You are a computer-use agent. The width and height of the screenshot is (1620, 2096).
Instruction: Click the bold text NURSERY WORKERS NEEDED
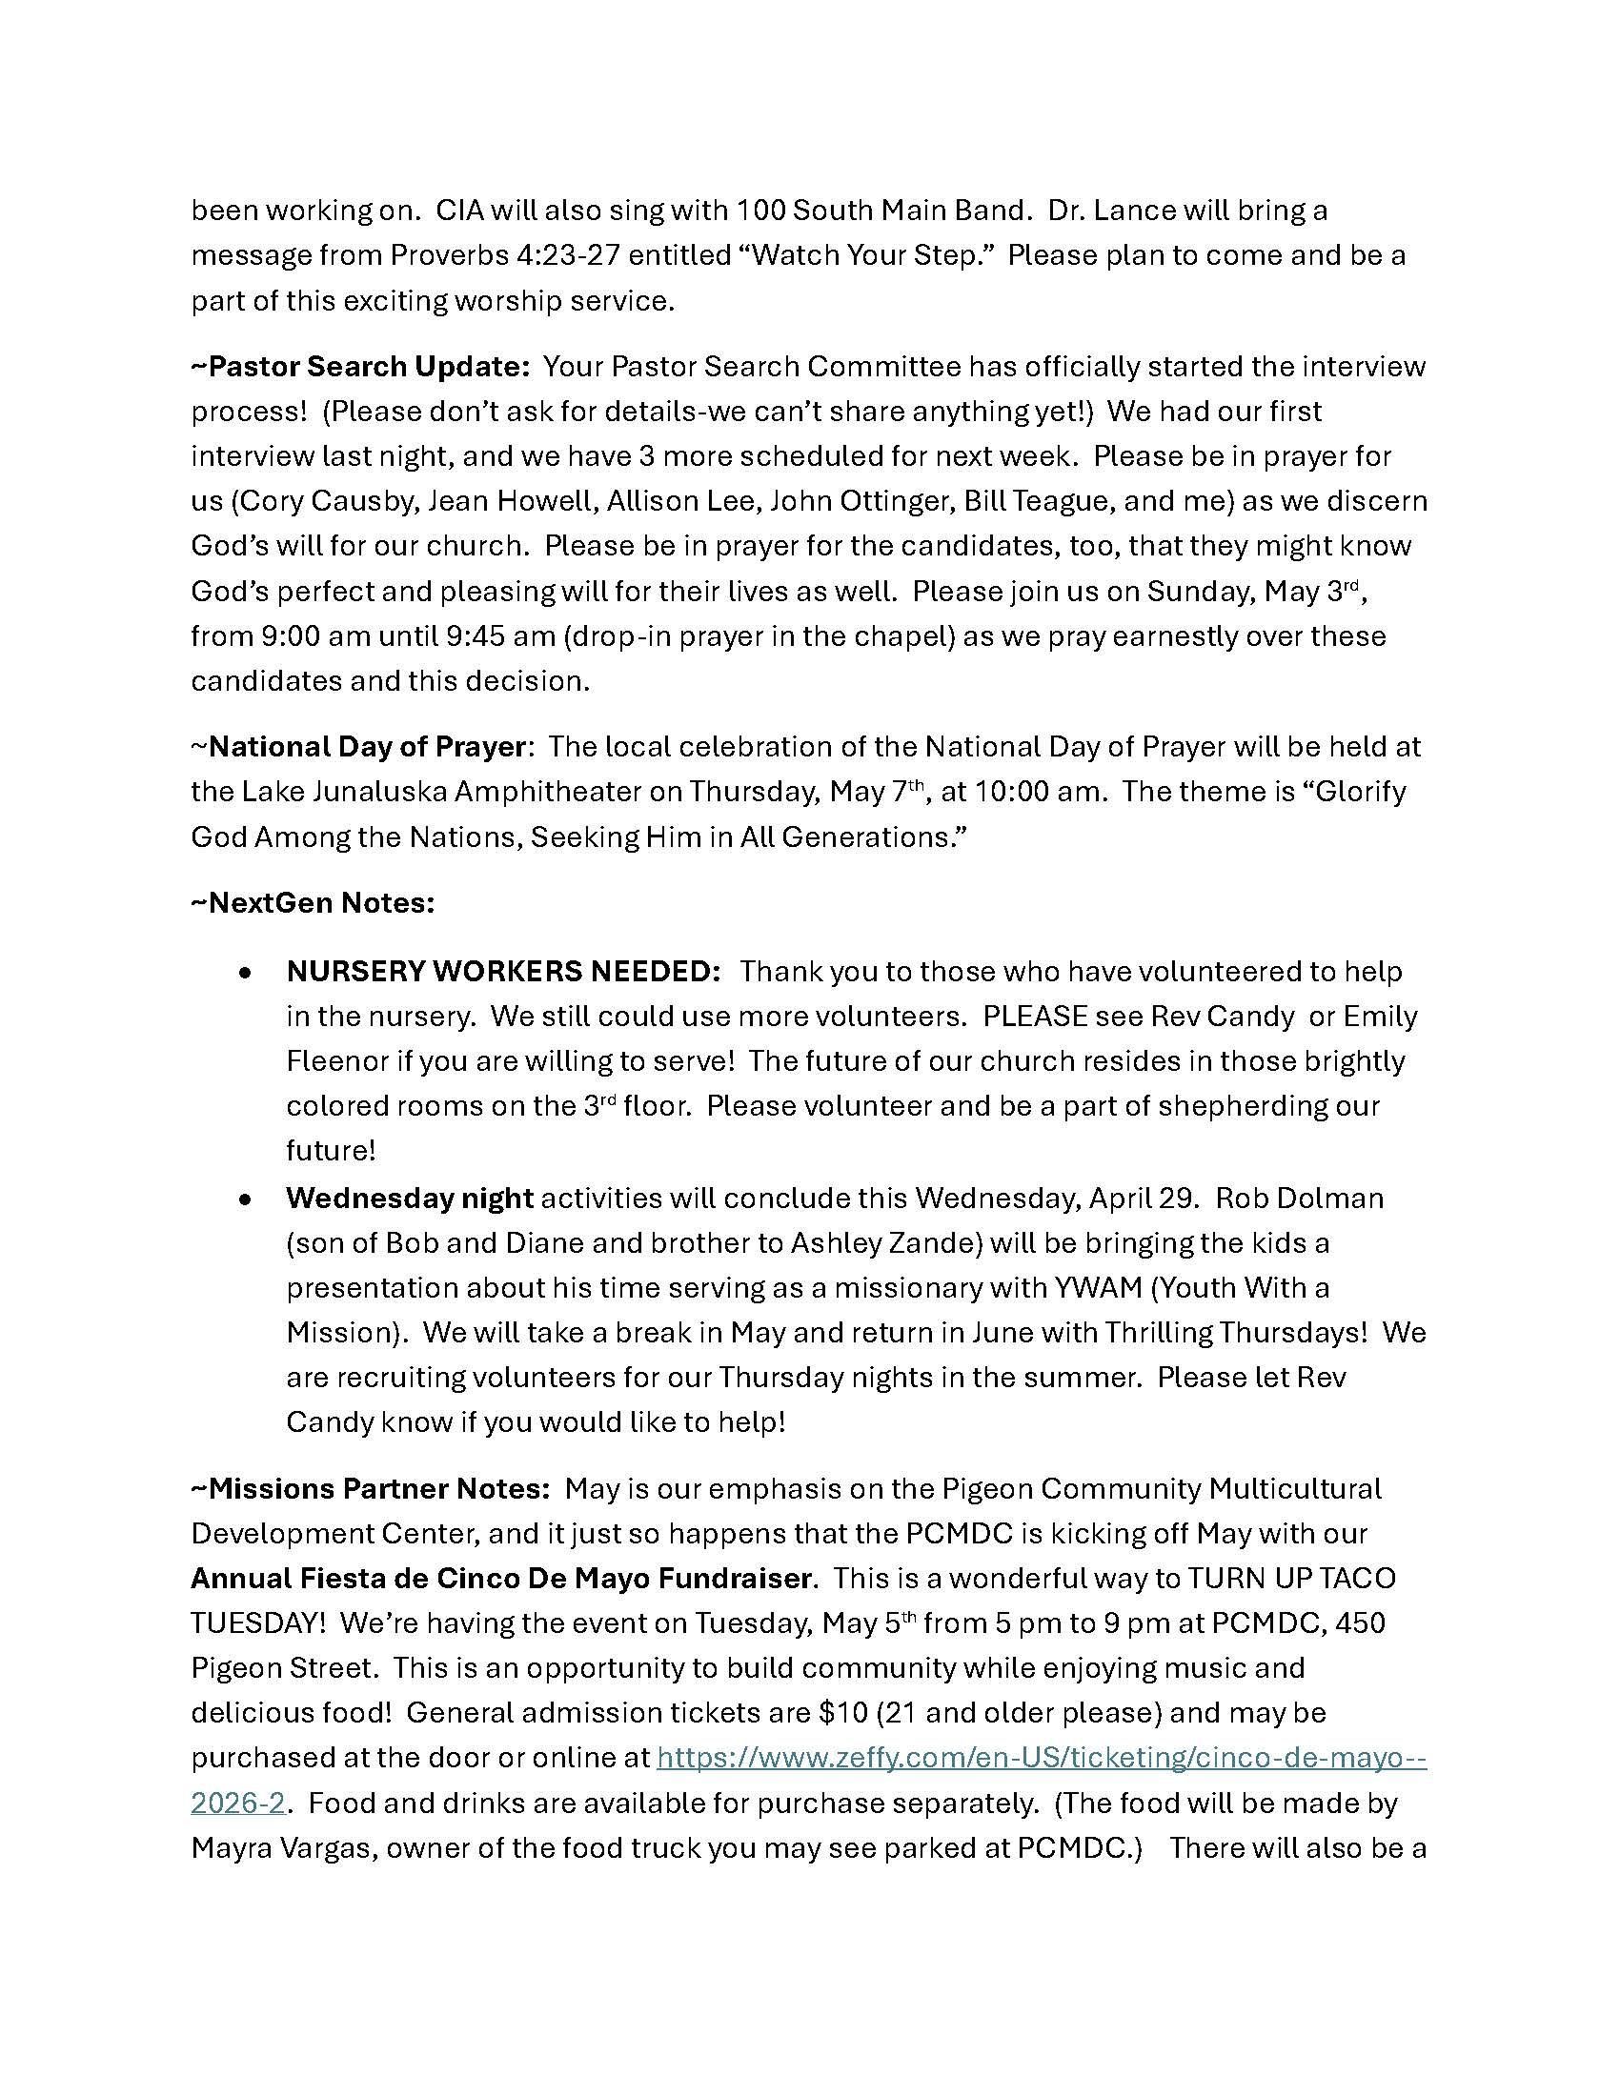coord(503,971)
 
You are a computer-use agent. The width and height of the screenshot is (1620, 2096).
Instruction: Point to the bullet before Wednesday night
coord(247,1199)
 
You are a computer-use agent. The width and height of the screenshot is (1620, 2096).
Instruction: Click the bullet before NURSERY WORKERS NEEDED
coord(247,973)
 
